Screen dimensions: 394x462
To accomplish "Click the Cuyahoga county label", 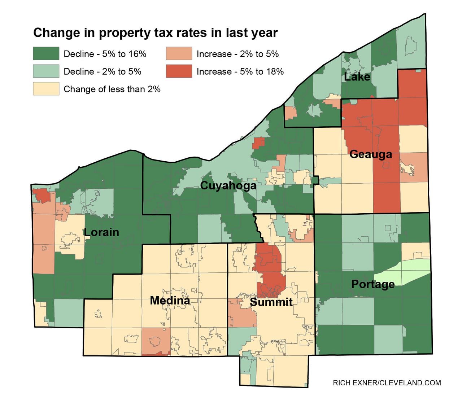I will [x=228, y=185].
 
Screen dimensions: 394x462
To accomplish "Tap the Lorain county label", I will [x=101, y=232].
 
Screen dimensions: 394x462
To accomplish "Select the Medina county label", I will [x=170, y=300].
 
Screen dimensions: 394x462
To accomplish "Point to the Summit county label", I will [x=271, y=302].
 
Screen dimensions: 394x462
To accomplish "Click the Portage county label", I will [x=373, y=284].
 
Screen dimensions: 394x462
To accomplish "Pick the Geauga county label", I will [x=371, y=154].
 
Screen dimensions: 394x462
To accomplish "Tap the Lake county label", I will [x=357, y=76].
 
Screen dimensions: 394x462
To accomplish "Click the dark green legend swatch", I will [x=46, y=54].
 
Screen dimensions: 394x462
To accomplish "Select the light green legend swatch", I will [x=46, y=71].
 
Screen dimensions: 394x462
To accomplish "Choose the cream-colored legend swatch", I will [x=46, y=89].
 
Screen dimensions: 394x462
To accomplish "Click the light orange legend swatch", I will [x=179, y=54].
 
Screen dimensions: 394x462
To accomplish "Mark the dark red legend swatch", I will [x=179, y=71].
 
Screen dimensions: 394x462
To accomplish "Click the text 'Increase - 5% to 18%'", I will [x=240, y=71].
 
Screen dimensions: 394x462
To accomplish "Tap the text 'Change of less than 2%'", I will [x=112, y=89].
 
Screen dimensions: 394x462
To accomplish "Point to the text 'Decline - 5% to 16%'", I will [x=105, y=54].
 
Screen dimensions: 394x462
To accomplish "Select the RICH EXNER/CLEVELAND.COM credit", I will [x=387, y=383].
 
